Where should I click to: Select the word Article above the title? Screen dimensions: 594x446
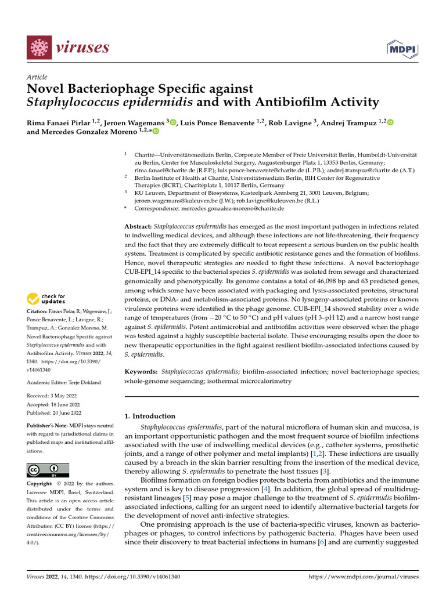37,77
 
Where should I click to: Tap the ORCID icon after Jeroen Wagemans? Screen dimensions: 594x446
173,122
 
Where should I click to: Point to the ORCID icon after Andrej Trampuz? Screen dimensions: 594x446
390,122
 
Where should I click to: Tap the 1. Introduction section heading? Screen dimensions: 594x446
150,416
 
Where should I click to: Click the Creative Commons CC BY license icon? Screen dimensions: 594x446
48,470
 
